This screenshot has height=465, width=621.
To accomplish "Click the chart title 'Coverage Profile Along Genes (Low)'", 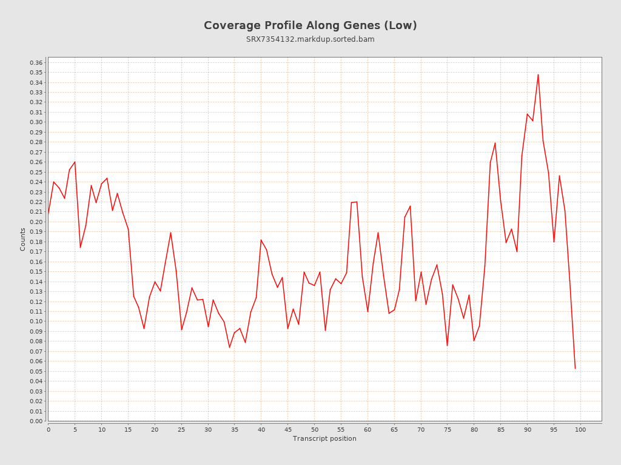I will click(310, 25).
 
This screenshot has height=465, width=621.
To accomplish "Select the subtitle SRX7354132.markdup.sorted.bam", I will click(310, 39).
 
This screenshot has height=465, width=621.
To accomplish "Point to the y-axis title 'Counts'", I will click(23, 239).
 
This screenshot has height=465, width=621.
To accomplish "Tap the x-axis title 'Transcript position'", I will click(324, 438).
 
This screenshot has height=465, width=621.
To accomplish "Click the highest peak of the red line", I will click(538, 74).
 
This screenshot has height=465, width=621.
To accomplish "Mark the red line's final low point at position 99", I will click(575, 368).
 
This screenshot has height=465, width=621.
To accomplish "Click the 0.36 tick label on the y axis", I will click(36, 63).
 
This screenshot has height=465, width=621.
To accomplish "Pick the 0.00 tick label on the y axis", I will click(36, 421).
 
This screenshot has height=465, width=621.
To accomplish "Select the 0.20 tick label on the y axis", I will click(36, 222).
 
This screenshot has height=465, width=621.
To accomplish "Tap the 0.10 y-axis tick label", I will click(36, 322).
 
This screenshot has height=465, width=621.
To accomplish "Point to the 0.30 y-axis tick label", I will click(36, 122).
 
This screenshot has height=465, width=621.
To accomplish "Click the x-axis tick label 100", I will click(580, 429).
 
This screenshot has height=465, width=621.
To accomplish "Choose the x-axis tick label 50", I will click(314, 429).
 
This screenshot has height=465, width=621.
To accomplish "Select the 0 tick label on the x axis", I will click(49, 429).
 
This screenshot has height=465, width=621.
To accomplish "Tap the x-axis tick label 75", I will click(448, 429).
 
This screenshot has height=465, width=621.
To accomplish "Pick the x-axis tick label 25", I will click(181, 429).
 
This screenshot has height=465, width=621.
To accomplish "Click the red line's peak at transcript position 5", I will click(75, 162).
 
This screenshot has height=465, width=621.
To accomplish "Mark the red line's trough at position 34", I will click(229, 347).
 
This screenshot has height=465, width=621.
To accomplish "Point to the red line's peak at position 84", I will click(495, 143).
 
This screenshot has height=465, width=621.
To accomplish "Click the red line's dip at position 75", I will click(447, 346).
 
